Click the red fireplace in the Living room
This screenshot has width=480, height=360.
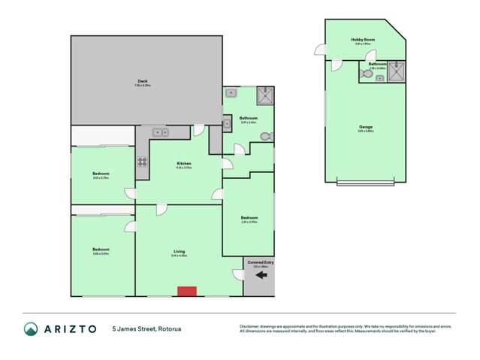(186, 291)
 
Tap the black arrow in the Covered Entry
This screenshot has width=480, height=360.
(261, 276)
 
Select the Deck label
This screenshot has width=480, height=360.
(142, 82)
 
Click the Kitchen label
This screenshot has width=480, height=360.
(184, 163)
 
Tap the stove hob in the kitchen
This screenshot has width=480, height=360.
(141, 161)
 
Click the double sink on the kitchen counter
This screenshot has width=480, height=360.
(159, 133)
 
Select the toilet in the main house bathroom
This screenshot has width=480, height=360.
(264, 136)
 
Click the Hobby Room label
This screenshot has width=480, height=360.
(363, 41)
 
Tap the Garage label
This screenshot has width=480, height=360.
(365, 126)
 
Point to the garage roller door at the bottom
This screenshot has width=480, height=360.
(365, 183)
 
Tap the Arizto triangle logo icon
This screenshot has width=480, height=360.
(31, 329)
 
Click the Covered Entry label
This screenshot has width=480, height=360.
(260, 262)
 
